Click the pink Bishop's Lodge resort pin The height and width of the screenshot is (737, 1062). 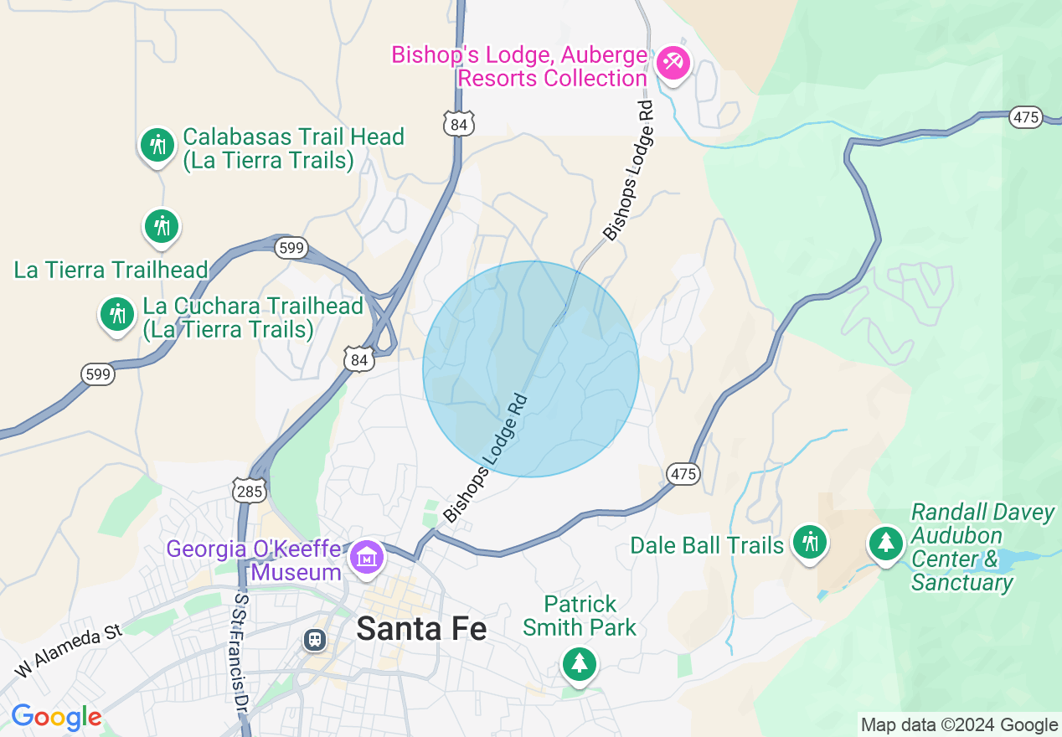pyautogui.click(x=673, y=62)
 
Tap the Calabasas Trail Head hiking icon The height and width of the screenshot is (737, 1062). pyautogui.click(x=157, y=146)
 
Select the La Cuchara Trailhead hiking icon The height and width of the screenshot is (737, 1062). pyautogui.click(x=117, y=314)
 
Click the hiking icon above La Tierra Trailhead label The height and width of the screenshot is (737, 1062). pyautogui.click(x=161, y=226)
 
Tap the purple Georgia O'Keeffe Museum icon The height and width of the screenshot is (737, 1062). pyautogui.click(x=366, y=556)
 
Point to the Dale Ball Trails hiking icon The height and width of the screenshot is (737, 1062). pyautogui.click(x=809, y=541)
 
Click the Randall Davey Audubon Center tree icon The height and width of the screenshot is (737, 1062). pyautogui.click(x=885, y=542)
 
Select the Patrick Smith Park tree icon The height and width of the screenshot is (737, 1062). pyautogui.click(x=579, y=663)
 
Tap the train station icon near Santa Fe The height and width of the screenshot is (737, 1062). pyautogui.click(x=315, y=640)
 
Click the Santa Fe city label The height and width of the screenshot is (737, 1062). pyautogui.click(x=421, y=628)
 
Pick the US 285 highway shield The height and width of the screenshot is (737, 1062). pyautogui.click(x=250, y=491)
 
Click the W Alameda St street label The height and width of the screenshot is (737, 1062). pyautogui.click(x=69, y=651)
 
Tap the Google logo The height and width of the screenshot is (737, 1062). pyautogui.click(x=56, y=717)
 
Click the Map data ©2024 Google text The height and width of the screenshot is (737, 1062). pyautogui.click(x=959, y=725)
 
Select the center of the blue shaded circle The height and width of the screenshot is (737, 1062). pyautogui.click(x=531, y=368)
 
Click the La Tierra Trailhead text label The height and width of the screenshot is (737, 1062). pyautogui.click(x=111, y=270)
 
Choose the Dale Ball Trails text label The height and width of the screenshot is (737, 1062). pyautogui.click(x=707, y=546)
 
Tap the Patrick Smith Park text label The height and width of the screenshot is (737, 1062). pyautogui.click(x=580, y=616)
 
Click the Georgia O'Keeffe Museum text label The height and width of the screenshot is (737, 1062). pyautogui.click(x=254, y=561)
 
